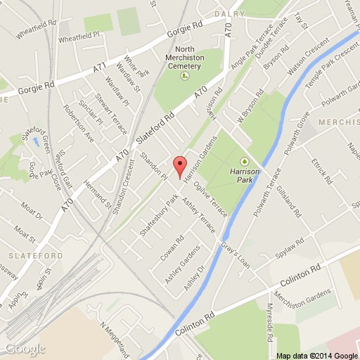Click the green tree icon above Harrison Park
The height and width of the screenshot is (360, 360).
[244, 160]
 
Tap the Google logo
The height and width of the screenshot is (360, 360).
[25, 349]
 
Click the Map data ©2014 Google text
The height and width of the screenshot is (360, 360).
[316, 353]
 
